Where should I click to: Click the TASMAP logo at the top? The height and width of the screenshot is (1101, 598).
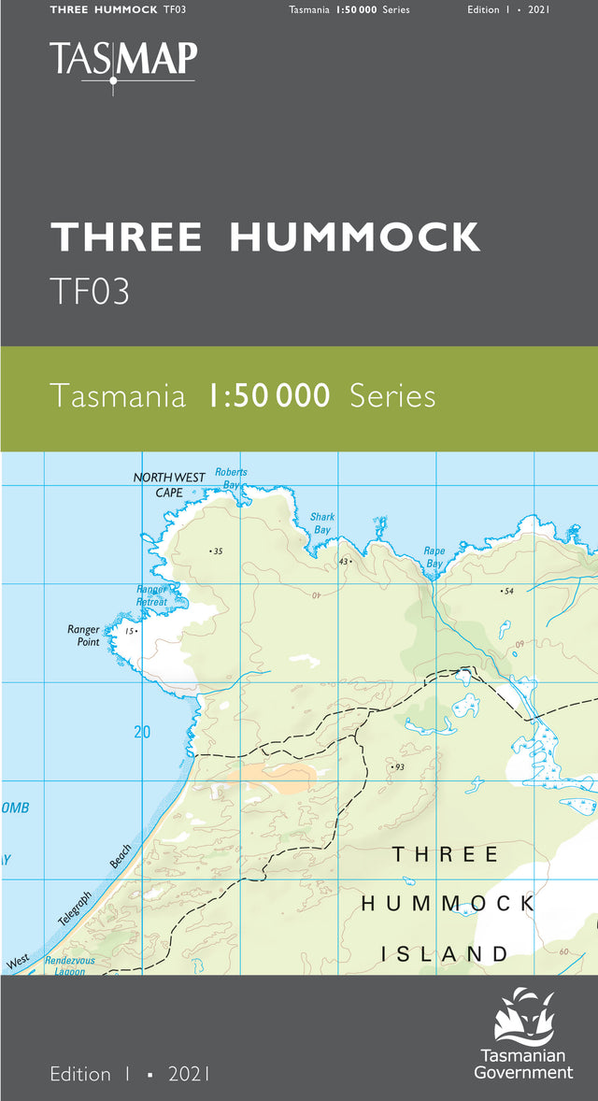tap(123, 61)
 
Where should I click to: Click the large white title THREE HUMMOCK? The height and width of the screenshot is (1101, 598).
tap(265, 237)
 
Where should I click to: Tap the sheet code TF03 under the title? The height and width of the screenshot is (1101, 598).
tap(90, 292)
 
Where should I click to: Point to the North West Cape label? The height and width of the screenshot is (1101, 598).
tap(169, 484)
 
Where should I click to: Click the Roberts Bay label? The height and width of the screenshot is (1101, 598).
tap(231, 479)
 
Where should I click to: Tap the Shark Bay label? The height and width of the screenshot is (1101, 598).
tap(322, 523)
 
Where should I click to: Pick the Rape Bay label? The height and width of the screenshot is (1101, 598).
tap(434, 557)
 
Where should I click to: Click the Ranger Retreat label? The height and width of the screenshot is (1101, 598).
tap(152, 596)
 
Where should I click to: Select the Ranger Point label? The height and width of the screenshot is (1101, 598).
tap(84, 636)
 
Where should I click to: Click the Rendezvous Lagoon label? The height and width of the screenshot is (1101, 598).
tap(70, 965)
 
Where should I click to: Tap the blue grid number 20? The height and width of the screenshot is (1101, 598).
tap(142, 732)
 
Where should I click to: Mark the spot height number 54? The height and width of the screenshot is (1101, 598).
tap(508, 592)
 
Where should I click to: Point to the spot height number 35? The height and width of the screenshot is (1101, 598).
tap(219, 551)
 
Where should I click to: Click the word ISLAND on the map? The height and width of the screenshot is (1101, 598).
tap(444, 954)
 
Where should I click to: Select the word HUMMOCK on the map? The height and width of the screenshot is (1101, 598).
tap(448, 904)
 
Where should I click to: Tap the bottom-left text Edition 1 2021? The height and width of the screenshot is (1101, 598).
tap(130, 1075)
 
